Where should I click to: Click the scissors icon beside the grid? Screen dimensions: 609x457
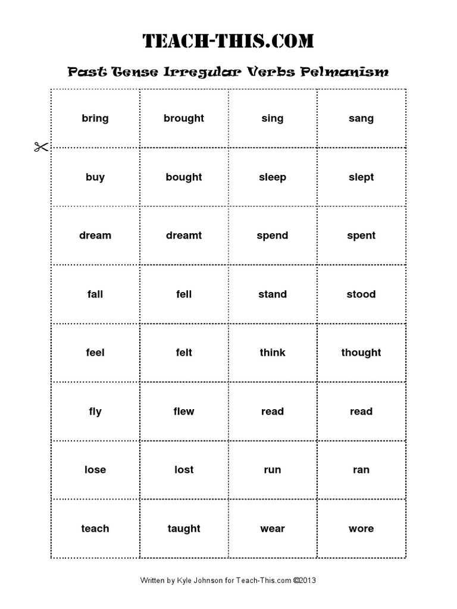click(40, 147)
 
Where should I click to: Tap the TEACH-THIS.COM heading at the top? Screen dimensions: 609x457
click(228, 41)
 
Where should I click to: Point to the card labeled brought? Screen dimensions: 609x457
click(184, 118)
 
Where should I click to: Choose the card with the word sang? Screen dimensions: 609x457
click(361, 118)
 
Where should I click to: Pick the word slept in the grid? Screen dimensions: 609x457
click(361, 177)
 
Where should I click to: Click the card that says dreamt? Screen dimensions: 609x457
click(184, 236)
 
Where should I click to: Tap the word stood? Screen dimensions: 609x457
click(361, 294)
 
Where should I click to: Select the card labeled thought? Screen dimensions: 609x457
click(361, 353)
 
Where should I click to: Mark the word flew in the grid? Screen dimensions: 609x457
click(184, 412)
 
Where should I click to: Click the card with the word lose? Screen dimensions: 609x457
click(95, 470)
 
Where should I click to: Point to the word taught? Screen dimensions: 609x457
click(184, 529)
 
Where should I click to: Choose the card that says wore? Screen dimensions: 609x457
click(361, 529)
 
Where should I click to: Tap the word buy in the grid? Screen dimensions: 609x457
click(95, 177)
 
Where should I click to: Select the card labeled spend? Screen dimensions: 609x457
click(273, 236)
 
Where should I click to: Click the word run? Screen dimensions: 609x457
click(273, 470)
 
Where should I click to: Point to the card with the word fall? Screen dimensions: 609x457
click(95, 294)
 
